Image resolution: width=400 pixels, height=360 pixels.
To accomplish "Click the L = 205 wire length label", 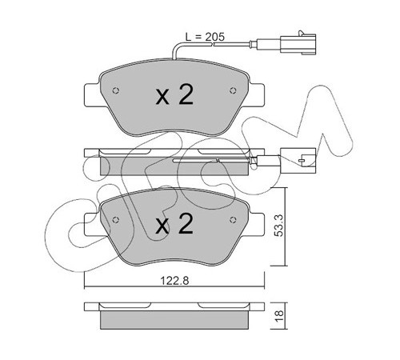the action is (205, 37).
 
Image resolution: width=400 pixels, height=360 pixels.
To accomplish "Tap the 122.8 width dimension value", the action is (174, 281).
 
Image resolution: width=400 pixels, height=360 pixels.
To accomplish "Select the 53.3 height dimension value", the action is (279, 226).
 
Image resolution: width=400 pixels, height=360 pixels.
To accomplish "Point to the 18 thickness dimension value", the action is (279, 317).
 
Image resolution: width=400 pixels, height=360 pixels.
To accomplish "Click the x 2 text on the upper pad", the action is (174, 94).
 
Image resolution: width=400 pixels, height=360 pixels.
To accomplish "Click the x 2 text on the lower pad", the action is (174, 224).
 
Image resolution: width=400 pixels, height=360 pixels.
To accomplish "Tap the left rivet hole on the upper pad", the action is (115, 90).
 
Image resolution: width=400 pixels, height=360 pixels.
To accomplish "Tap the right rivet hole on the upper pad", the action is (233, 90).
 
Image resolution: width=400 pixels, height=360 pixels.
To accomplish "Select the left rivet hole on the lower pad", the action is (115, 220).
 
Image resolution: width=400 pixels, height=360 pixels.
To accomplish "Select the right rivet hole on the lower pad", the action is (233, 220).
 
